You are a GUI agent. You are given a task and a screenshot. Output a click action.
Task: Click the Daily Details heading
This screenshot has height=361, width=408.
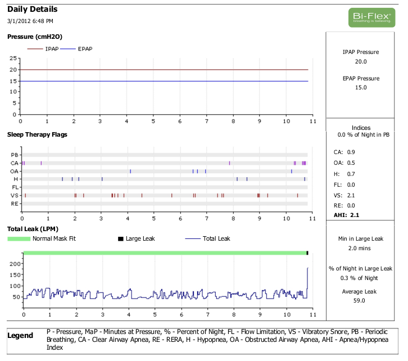coord(32,10)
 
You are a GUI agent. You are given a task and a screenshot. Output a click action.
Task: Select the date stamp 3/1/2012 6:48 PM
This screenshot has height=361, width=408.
coord(30,21)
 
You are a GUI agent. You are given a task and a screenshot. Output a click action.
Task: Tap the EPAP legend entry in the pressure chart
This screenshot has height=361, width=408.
coord(85,49)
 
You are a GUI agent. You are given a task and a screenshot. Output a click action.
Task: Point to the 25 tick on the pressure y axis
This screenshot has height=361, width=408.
coord(13,58)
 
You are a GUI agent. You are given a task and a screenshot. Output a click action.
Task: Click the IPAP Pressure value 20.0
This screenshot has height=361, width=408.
coord(361,61)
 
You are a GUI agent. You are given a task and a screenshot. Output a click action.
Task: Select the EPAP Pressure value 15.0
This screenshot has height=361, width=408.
coord(361,88)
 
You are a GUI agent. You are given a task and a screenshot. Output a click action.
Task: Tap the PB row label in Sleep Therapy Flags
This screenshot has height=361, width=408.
coord(15,155)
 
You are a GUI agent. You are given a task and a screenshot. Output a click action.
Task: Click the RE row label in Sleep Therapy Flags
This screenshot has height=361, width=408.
coord(15,204)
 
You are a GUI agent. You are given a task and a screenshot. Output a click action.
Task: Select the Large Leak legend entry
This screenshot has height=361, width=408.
coord(140,238)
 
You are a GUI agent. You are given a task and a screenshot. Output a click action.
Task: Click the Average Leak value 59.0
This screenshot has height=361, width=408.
coord(360,301)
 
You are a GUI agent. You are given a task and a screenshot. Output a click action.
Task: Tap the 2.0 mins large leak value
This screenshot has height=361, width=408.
coord(360,248)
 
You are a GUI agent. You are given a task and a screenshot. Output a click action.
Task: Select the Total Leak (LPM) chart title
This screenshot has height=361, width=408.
coord(33,229)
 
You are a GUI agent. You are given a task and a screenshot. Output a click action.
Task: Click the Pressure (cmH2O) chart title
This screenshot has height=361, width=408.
coord(34,37)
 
